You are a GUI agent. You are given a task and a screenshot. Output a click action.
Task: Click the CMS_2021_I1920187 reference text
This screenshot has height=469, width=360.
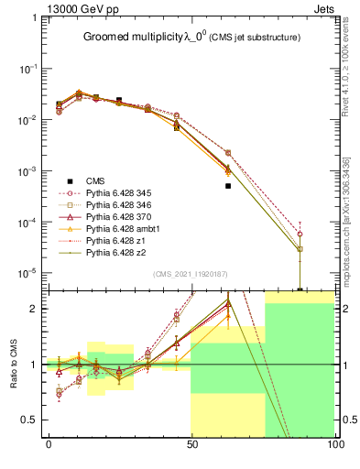pyautogui.click(x=191, y=273)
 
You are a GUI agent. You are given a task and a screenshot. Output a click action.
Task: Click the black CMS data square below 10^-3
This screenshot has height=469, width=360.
pyautogui.click(x=227, y=185)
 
